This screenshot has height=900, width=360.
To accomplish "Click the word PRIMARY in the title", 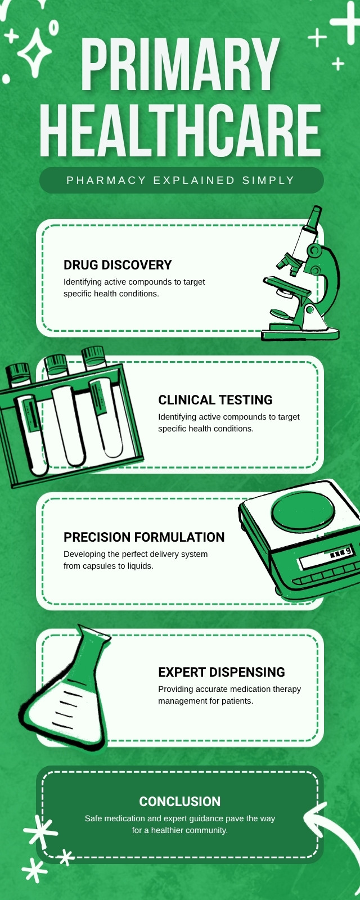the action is (179, 65).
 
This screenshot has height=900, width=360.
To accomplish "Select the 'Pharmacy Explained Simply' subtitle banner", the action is (182, 181).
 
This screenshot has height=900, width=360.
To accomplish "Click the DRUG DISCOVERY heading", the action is (118, 265).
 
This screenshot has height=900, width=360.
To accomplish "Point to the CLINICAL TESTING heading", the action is (215, 400).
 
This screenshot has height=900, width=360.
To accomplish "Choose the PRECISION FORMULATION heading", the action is (144, 537).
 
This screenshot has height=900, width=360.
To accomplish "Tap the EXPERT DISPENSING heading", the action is (222, 672).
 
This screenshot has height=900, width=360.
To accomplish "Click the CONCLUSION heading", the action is (179, 802).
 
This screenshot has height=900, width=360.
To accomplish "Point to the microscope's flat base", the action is (300, 333).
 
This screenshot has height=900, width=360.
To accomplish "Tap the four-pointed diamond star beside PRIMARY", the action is (34, 53).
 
